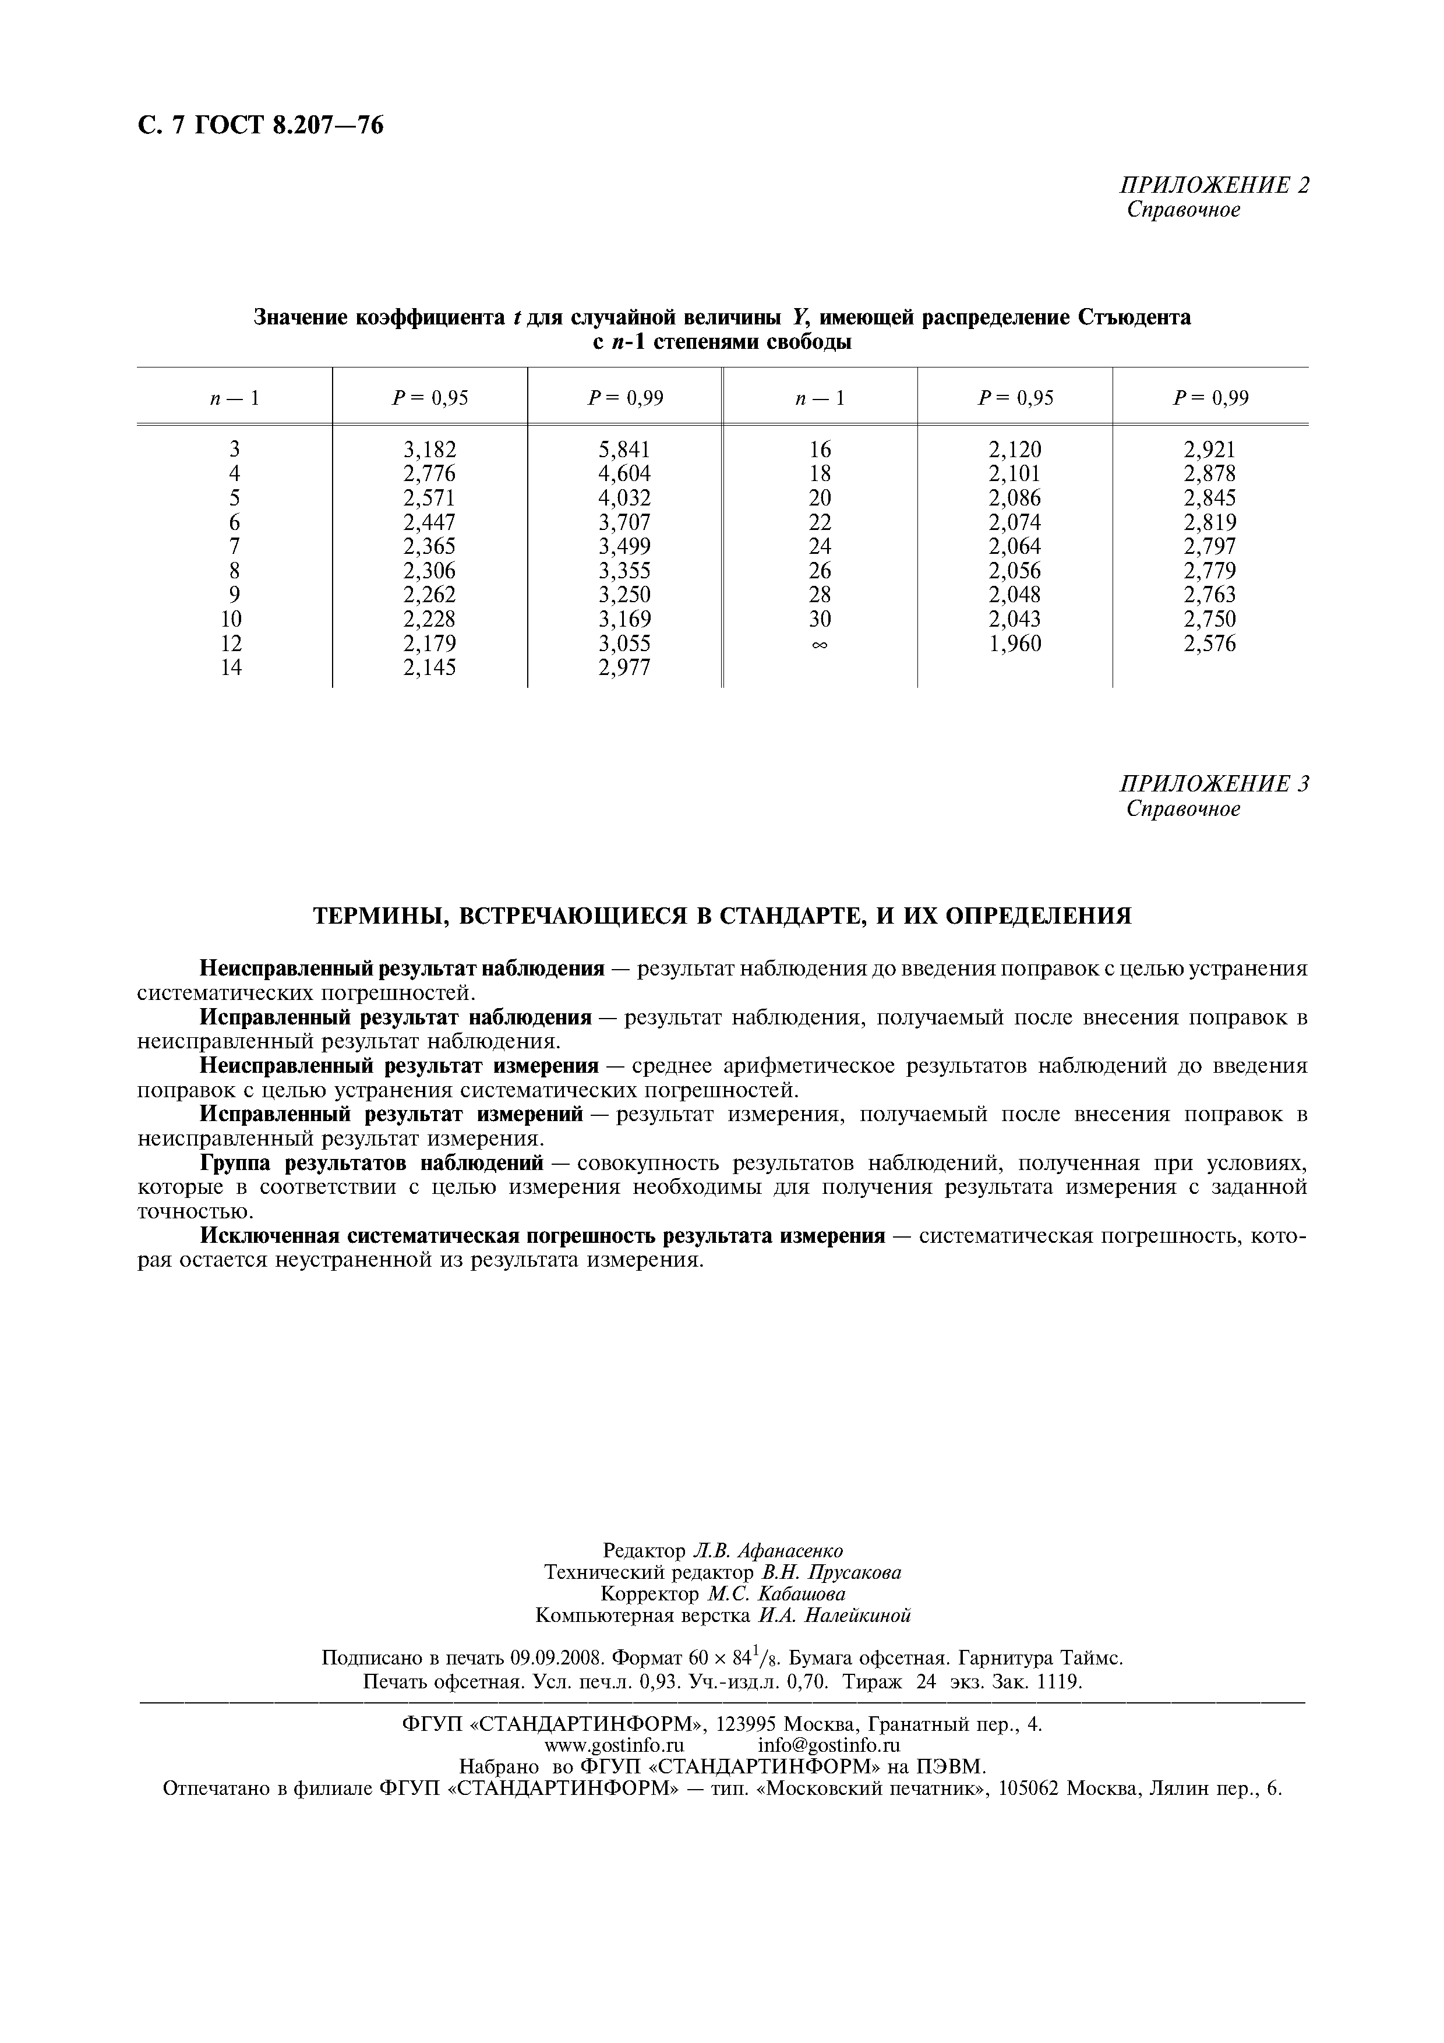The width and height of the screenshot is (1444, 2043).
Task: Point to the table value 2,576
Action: (x=1209, y=644)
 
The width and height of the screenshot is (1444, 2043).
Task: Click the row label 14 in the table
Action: (x=231, y=667)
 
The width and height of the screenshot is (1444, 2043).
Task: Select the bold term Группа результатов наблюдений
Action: (x=371, y=1163)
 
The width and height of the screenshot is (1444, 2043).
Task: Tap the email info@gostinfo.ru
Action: (x=828, y=1745)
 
